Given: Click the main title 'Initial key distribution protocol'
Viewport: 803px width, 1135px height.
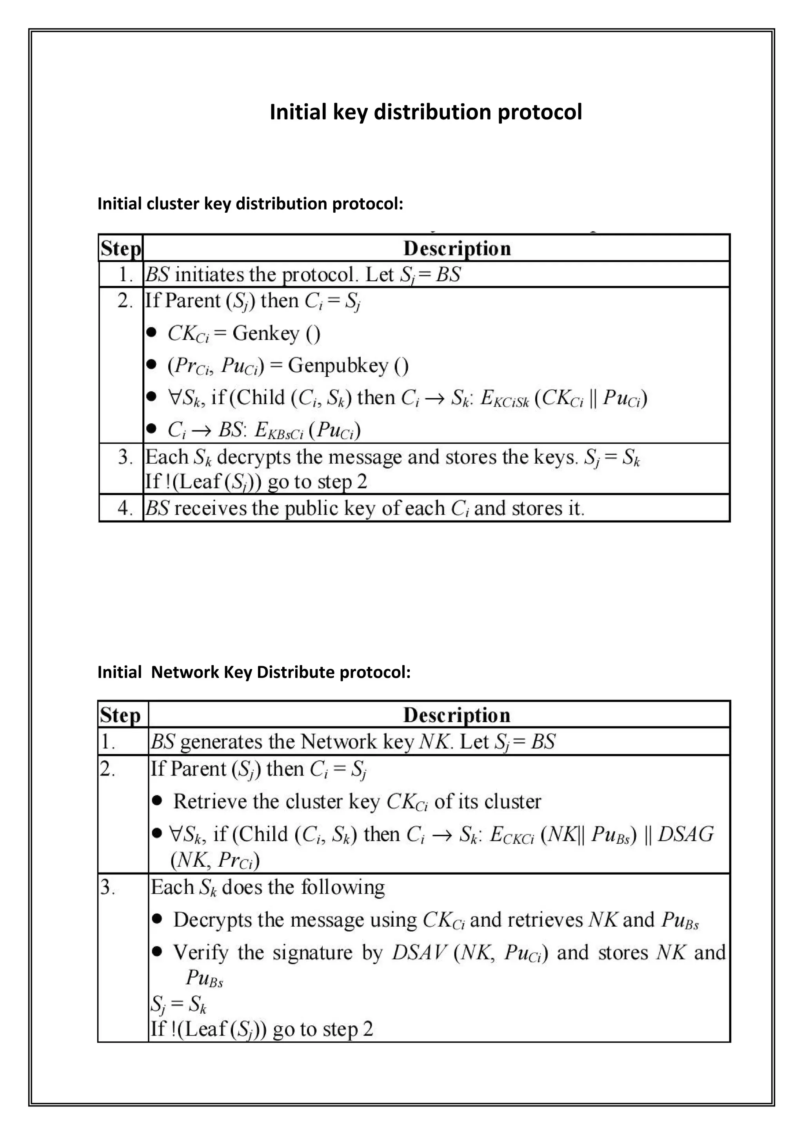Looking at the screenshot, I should (x=425, y=112).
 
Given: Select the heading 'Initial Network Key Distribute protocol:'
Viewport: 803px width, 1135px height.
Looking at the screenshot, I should (x=254, y=672).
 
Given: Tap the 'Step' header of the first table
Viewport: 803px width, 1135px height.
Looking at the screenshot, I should (x=121, y=248).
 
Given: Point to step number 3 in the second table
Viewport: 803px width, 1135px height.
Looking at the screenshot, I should (x=107, y=888).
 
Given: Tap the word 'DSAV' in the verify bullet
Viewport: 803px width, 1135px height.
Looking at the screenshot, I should (x=419, y=952).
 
